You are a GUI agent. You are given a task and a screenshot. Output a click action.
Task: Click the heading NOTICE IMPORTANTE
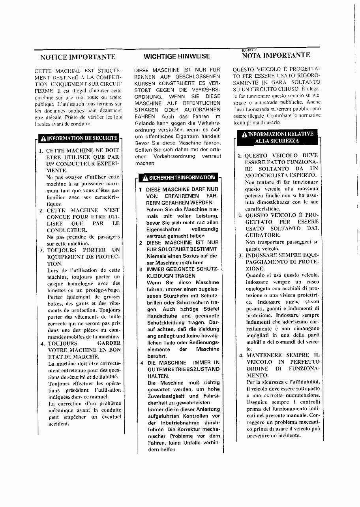(x=78, y=57)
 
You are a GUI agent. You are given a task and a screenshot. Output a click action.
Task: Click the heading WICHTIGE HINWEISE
(x=177, y=56)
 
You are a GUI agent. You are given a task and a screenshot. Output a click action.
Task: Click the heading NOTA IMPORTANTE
(x=276, y=55)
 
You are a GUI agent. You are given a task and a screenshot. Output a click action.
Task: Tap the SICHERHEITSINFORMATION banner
(x=178, y=178)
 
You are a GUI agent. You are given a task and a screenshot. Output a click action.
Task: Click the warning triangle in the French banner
(x=43, y=138)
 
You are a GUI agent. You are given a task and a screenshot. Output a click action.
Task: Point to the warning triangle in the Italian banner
(x=244, y=134)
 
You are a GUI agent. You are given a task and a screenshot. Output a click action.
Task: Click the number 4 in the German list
(x=141, y=362)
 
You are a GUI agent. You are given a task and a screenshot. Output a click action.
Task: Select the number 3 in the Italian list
(x=240, y=255)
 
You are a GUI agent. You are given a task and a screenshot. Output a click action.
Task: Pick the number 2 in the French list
(x=42, y=210)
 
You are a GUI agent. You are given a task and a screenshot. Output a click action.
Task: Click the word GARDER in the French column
(x=109, y=344)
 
